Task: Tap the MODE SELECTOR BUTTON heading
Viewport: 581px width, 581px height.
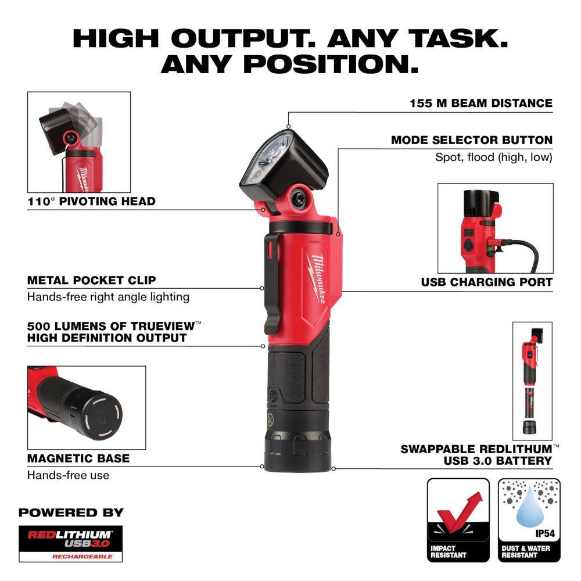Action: tap(471, 140)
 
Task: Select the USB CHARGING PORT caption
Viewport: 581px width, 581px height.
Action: tap(486, 282)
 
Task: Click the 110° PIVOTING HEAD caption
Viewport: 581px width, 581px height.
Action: tap(91, 202)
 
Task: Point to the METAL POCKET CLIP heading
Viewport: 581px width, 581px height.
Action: tap(91, 280)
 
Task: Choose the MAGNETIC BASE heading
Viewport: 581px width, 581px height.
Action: tap(78, 458)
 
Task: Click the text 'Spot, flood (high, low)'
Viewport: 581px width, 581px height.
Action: tap(494, 157)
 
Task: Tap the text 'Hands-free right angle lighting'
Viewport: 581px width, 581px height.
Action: tap(108, 297)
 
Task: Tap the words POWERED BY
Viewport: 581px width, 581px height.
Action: tap(71, 513)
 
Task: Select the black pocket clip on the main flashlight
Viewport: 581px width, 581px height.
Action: tap(272, 279)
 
